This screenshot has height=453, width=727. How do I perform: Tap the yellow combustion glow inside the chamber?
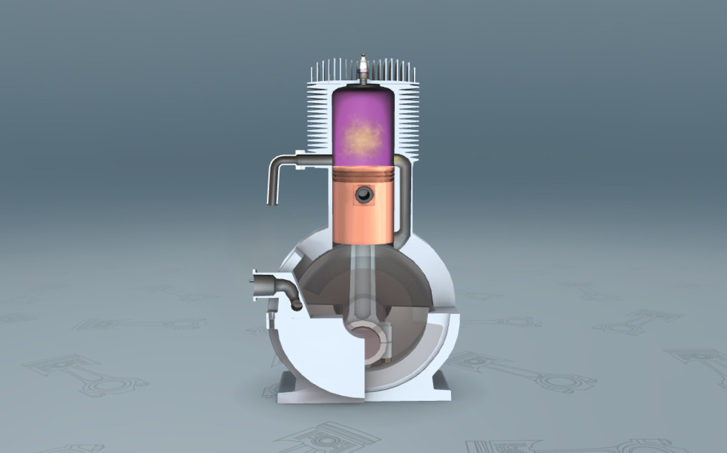[x=363, y=137]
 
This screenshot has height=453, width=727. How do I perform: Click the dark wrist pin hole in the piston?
[x=363, y=195]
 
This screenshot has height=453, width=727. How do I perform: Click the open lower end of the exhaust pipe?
[x=272, y=201]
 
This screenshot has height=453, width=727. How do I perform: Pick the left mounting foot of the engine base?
[x=272, y=389]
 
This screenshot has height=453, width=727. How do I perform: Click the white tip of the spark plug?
[x=363, y=58]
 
